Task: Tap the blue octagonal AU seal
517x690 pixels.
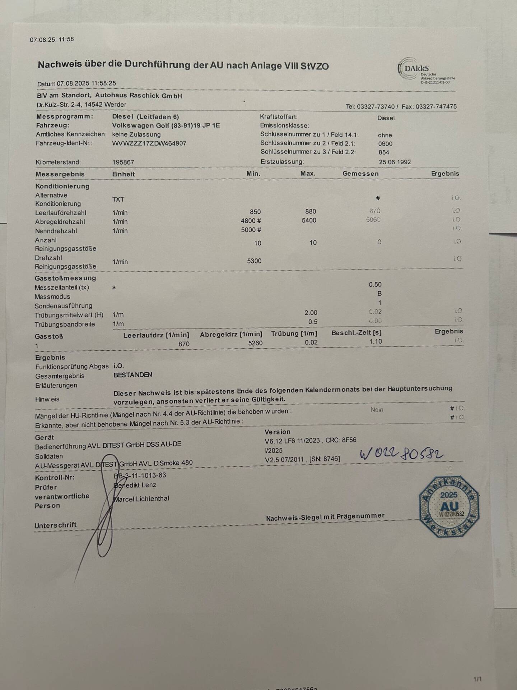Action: click(x=449, y=506)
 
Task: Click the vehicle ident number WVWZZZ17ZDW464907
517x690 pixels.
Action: click(x=149, y=143)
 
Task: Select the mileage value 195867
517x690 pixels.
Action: click(x=123, y=162)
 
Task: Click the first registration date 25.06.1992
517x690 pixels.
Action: click(x=395, y=162)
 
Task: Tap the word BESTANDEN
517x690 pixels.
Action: click(x=133, y=375)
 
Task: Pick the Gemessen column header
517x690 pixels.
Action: click(x=360, y=174)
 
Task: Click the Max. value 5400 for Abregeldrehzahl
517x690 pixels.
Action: click(x=309, y=220)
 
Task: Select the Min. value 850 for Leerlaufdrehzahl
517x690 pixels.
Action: click(x=255, y=212)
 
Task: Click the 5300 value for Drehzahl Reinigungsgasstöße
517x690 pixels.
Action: click(x=254, y=261)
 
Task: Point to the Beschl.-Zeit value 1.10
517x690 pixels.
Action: click(x=376, y=341)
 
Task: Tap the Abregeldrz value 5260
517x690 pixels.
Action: click(x=255, y=343)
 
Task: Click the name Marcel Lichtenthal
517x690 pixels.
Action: click(x=141, y=499)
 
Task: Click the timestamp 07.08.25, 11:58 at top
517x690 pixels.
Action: click(x=52, y=40)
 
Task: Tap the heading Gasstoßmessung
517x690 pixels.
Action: click(x=65, y=278)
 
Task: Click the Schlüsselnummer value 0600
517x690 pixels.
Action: click(x=385, y=144)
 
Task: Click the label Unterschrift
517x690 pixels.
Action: click(x=56, y=525)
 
